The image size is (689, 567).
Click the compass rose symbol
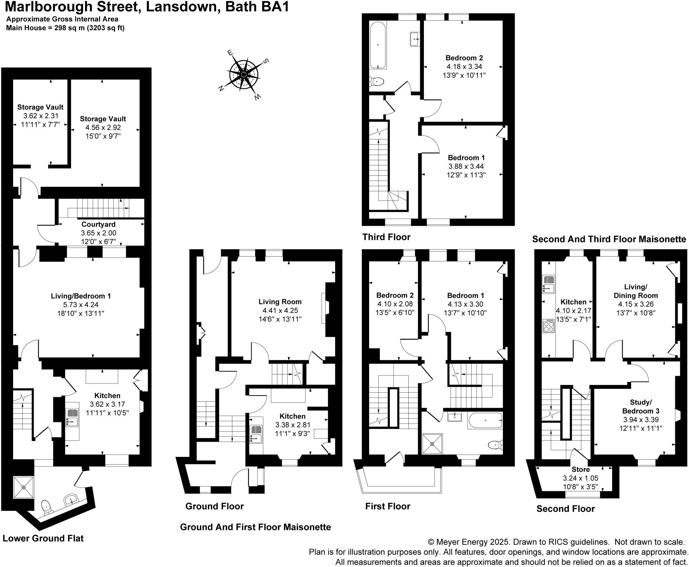coord(244,74)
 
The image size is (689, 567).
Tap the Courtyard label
coord(98,224)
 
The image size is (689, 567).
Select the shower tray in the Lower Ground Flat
coord(24,487)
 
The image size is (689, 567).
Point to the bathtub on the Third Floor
coord(378,45)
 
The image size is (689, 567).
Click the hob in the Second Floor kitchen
coord(548,326)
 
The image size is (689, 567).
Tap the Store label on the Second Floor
coord(580,469)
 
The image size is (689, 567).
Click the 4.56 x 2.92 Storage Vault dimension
coord(103,128)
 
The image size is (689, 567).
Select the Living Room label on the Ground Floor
coord(280,302)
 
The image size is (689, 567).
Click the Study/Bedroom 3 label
coord(641,406)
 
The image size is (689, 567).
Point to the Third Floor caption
coord(386,237)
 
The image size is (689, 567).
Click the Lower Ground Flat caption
coord(43,538)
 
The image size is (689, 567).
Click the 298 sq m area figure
coord(69,28)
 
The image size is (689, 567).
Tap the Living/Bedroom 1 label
coord(81,296)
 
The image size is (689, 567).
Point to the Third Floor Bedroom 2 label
coord(464,58)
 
